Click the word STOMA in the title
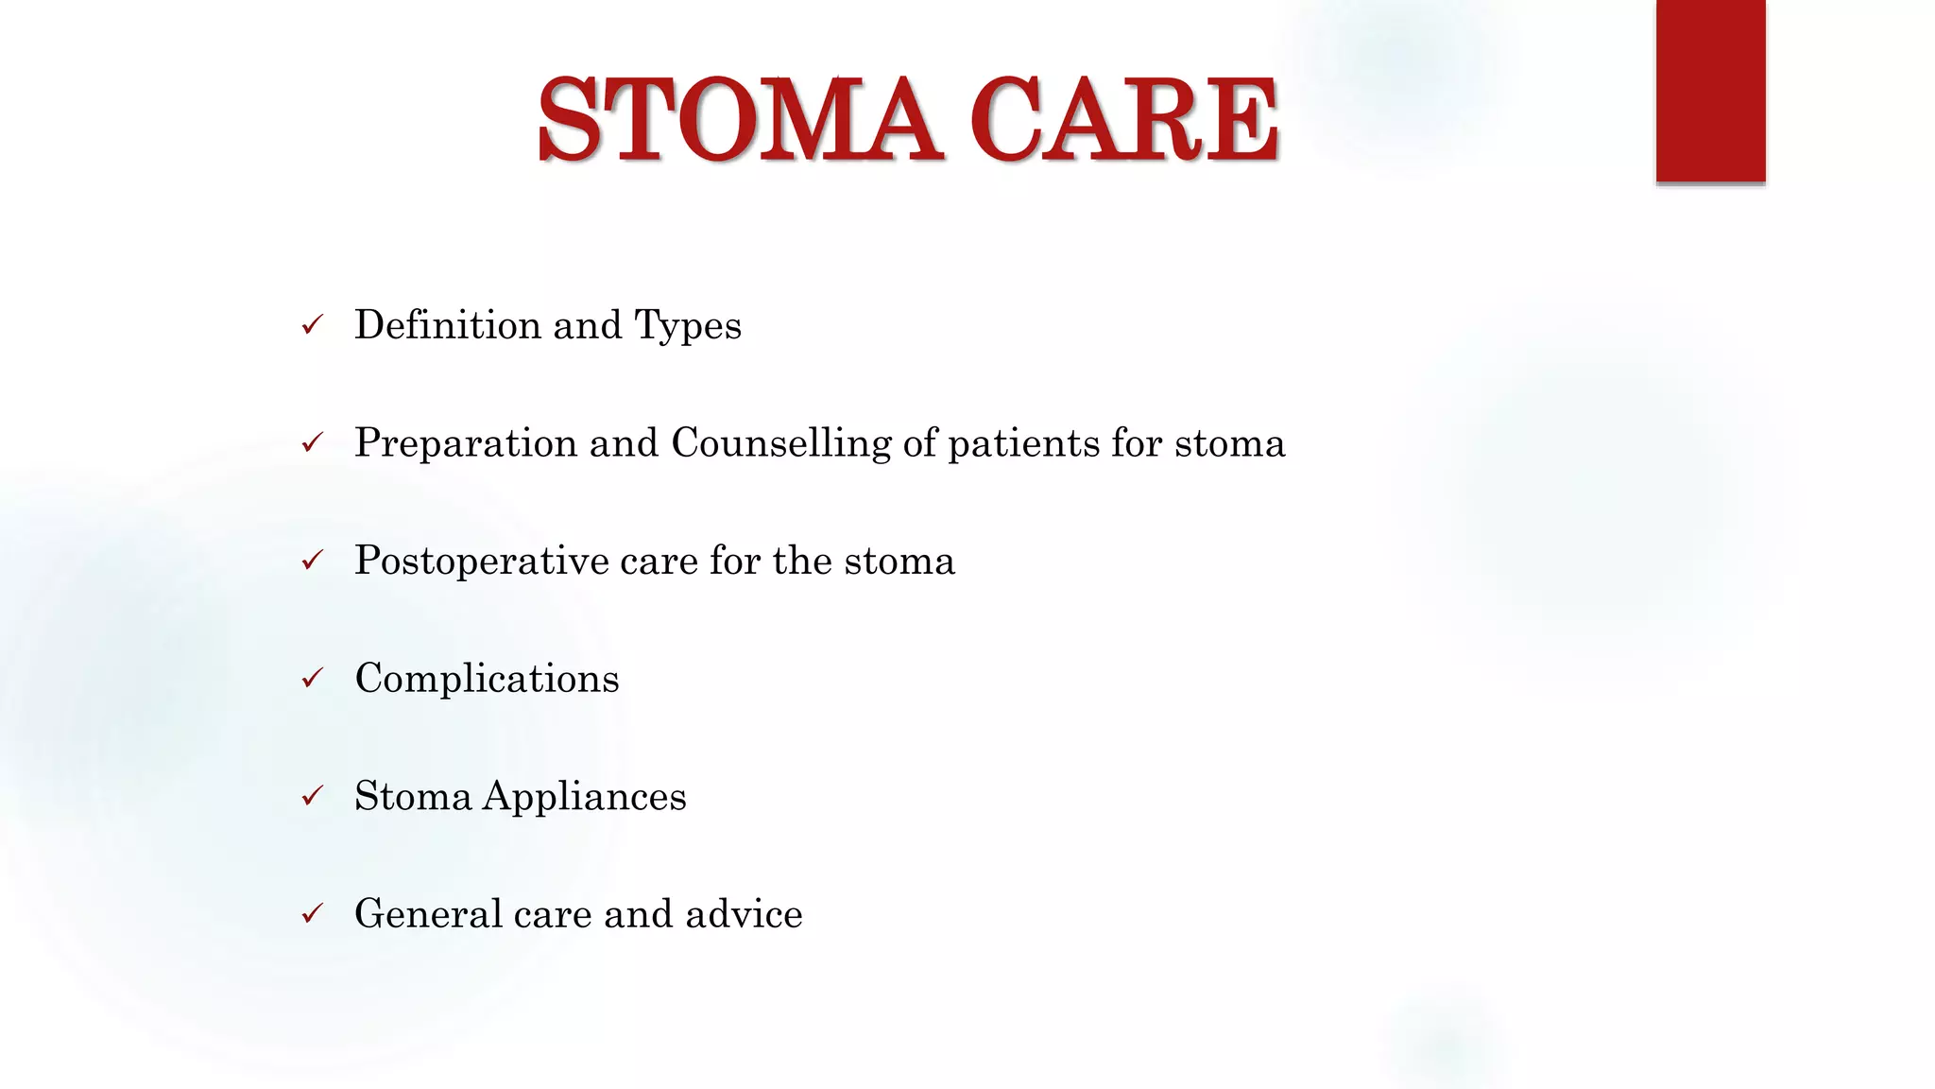(x=739, y=120)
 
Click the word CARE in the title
(x=1124, y=120)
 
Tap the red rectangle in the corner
(x=1710, y=90)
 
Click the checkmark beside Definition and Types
(x=313, y=326)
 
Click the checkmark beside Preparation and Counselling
(x=313, y=443)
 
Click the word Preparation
(x=465, y=443)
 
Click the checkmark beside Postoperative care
(x=313, y=562)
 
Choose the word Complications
(x=487, y=679)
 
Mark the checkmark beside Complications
(x=313, y=679)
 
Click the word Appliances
(x=585, y=797)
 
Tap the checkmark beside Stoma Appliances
(x=313, y=797)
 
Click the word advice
(x=744, y=914)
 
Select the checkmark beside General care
(x=313, y=914)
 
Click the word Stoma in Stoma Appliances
(x=413, y=797)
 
